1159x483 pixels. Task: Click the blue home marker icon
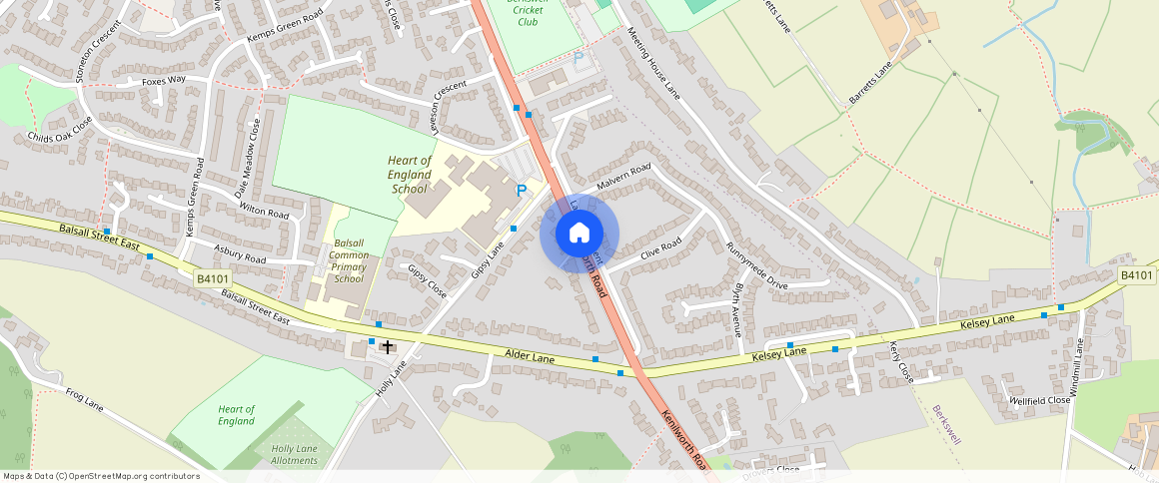tap(579, 234)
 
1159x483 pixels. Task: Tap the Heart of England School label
tap(410, 175)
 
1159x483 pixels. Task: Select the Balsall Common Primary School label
tap(349, 261)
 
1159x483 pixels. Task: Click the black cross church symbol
tap(388, 346)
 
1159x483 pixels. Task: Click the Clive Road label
tap(660, 246)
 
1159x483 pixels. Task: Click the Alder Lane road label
tap(530, 355)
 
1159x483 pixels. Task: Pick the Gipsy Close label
tap(427, 281)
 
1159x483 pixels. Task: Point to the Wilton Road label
tap(264, 211)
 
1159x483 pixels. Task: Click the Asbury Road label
tap(241, 252)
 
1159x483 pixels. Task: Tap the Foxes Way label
tap(164, 80)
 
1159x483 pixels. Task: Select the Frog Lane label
tap(85, 403)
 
